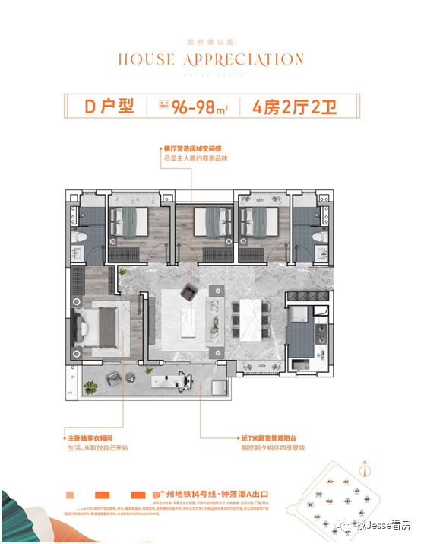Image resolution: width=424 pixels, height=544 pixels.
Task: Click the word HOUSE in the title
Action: pos(142,59)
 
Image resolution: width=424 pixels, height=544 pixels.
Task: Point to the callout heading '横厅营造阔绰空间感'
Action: pos(195,149)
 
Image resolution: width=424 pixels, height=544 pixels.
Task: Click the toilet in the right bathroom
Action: pos(320,238)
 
